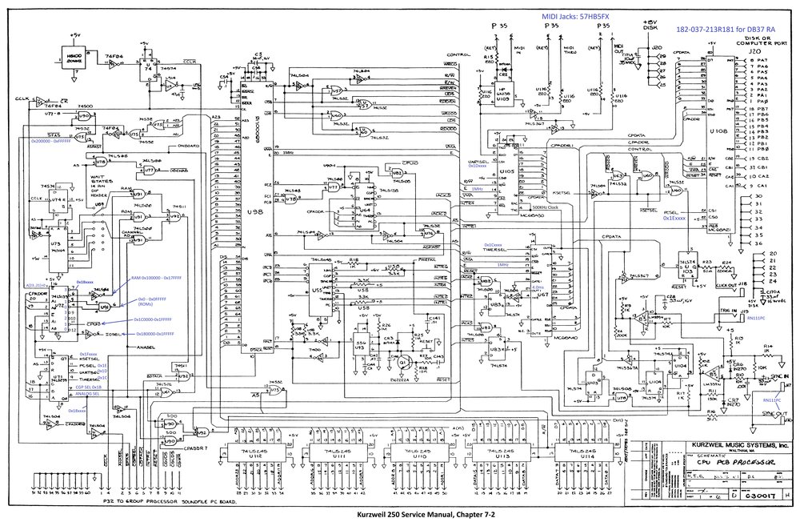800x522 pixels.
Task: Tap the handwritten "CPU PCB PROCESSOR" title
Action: pyautogui.click(x=730, y=464)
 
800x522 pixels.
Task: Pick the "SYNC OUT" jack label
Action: pyautogui.click(x=773, y=416)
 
